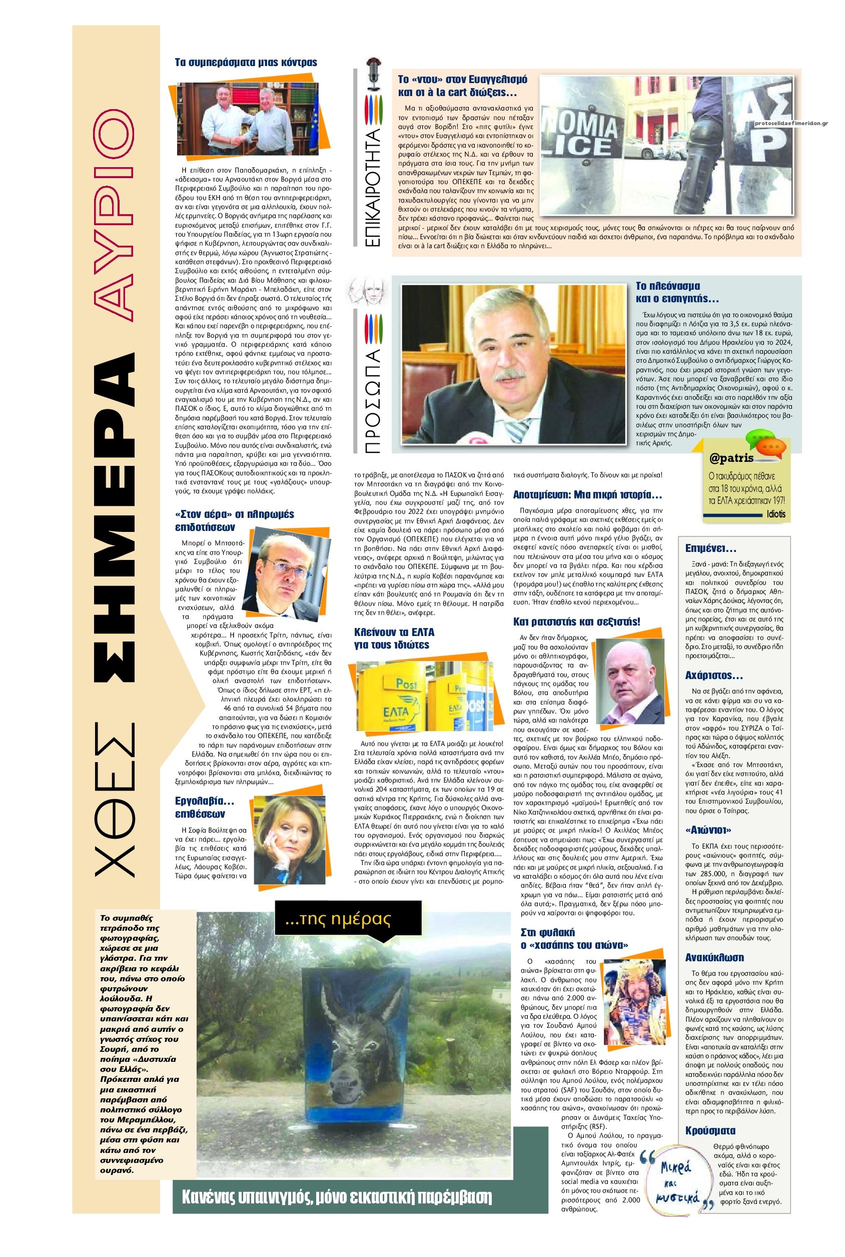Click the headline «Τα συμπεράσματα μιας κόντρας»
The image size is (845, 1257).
(246, 63)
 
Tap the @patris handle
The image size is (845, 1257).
(731, 459)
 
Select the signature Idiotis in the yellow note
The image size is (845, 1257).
(776, 514)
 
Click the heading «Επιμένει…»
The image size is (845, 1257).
(710, 549)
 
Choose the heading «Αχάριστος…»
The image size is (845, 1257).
(713, 676)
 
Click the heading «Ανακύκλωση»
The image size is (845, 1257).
(714, 957)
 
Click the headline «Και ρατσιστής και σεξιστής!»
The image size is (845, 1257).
(577, 621)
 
